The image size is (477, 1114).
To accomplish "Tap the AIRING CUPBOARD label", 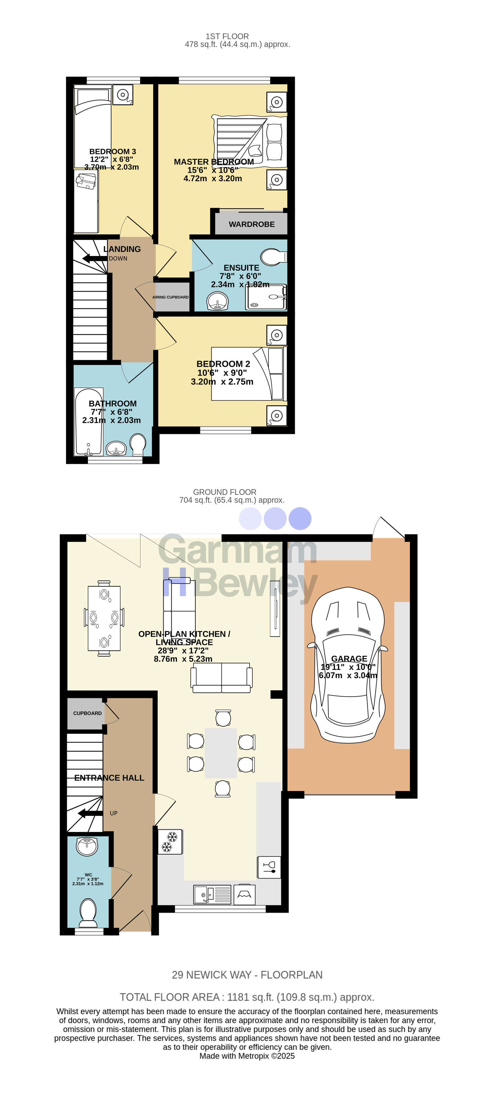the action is (x=171, y=297).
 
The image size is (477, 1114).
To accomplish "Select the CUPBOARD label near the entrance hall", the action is (x=87, y=713).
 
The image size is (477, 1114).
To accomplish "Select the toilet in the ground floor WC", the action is (x=88, y=912).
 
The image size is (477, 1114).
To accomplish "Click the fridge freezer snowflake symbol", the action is (x=170, y=842).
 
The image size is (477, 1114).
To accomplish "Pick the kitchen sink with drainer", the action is (x=212, y=895).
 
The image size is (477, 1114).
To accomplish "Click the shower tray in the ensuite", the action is (x=266, y=297).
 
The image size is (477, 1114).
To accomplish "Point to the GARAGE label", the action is (x=349, y=659).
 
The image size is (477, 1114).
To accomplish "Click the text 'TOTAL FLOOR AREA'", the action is (x=170, y=997).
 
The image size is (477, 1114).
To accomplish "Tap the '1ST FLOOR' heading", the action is (x=227, y=36).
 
